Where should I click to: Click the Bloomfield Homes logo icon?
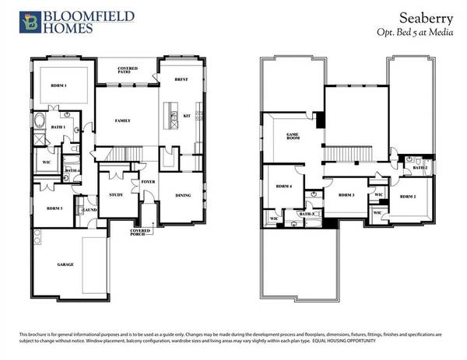pyautogui.click(x=29, y=22)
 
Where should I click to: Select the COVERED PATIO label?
pyautogui.click(x=128, y=71)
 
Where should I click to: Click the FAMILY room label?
pyautogui.click(x=121, y=121)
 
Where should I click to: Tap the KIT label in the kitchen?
pyautogui.click(x=186, y=116)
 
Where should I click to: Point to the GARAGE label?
pyautogui.click(x=65, y=264)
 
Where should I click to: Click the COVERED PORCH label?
pyautogui.click(x=141, y=232)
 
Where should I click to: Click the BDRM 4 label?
pyautogui.click(x=283, y=187)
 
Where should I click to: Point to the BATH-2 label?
pyautogui.click(x=420, y=167)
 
